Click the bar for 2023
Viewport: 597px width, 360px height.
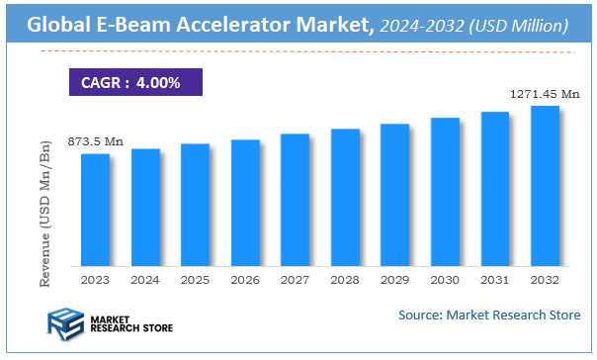(x=95, y=211)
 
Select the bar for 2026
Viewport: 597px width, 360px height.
(x=245, y=204)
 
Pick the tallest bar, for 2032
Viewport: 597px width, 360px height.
(x=545, y=187)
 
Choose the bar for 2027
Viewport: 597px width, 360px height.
(x=296, y=201)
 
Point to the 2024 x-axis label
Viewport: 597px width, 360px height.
(x=145, y=281)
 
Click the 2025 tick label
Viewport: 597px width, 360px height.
(x=196, y=281)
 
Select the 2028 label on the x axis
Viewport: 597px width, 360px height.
(x=345, y=281)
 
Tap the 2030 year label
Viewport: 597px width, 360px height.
(x=445, y=281)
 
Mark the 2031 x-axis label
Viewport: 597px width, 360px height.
(x=495, y=281)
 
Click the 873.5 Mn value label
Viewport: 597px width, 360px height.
(x=95, y=142)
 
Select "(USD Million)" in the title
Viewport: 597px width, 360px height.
(x=515, y=23)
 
